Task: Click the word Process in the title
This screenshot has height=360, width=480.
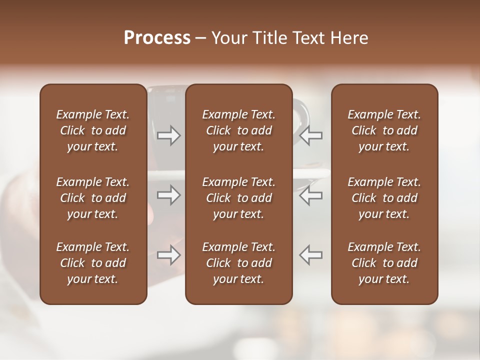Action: tap(157, 38)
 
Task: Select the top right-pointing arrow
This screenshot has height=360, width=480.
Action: tap(169, 135)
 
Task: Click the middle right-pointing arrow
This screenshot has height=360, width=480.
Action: tap(169, 195)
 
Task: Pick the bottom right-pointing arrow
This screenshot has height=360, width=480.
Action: tap(169, 255)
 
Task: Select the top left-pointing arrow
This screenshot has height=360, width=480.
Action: tap(310, 135)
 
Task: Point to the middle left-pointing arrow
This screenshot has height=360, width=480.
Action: tap(310, 195)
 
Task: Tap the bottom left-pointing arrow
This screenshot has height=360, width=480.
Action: tap(310, 255)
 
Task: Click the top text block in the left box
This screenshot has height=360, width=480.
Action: tap(93, 130)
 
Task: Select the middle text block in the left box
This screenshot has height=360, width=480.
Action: tap(93, 198)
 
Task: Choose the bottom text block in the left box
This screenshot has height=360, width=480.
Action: tap(93, 263)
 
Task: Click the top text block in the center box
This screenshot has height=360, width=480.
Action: tap(238, 130)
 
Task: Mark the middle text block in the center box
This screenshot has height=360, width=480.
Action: tap(238, 198)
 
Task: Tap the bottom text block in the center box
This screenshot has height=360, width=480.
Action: tap(238, 263)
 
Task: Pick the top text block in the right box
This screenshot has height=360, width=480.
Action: tap(384, 130)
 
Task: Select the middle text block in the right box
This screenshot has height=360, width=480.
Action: tap(384, 198)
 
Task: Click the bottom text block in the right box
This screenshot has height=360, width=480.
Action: tap(384, 263)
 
